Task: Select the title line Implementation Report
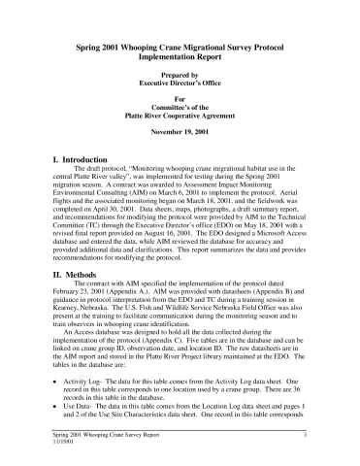pyautogui.click(x=180, y=57)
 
